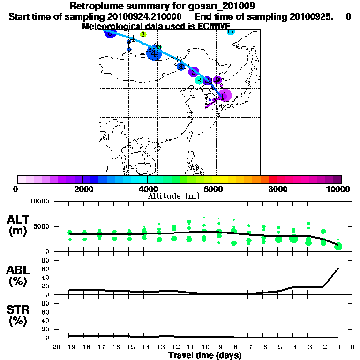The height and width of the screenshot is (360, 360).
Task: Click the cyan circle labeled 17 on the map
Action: pyautogui.click(x=231, y=31)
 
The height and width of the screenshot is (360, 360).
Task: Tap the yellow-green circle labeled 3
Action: pyautogui.click(x=143, y=34)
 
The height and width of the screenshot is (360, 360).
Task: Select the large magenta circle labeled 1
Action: pyautogui.click(x=225, y=96)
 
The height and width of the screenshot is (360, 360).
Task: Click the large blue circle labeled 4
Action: pyautogui.click(x=154, y=53)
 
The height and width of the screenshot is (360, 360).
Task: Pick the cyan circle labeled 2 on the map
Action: pyautogui.click(x=199, y=80)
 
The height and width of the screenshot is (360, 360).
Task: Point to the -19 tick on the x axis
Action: pyautogui.click(x=69, y=347)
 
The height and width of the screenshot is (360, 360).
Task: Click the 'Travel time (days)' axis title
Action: pyautogui.click(x=205, y=356)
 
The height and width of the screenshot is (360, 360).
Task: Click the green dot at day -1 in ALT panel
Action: pyautogui.click(x=338, y=247)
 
